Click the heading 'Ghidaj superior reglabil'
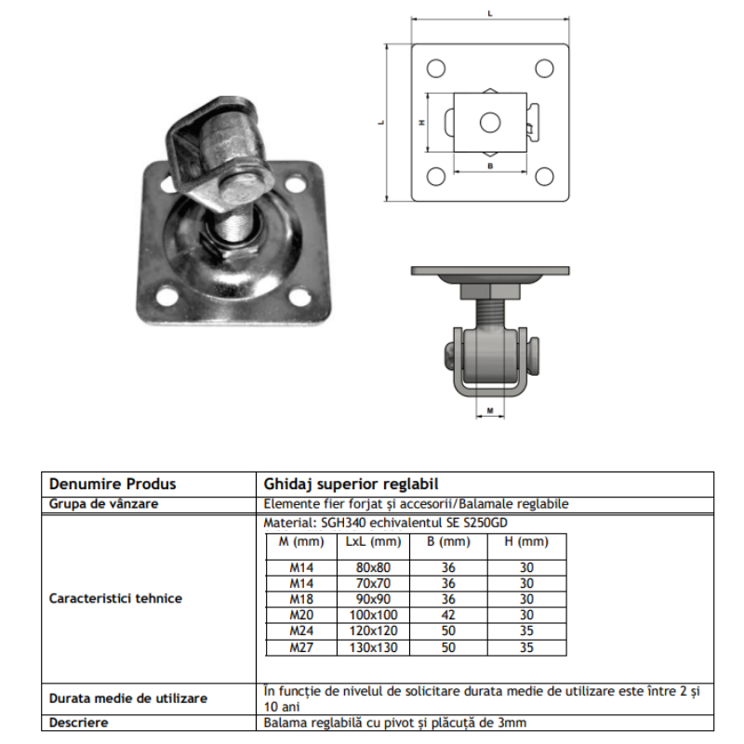click(351, 484)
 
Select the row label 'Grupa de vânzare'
click(102, 503)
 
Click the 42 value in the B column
click(449, 615)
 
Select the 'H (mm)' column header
click(526, 541)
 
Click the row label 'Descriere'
click(79, 722)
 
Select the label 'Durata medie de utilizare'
click(127, 697)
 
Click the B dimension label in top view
click(490, 165)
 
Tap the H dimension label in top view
click(421, 122)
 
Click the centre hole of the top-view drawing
click(490, 122)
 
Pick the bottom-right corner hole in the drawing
click(545, 177)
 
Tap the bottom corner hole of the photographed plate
click(167, 296)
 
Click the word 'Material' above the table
click(285, 524)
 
